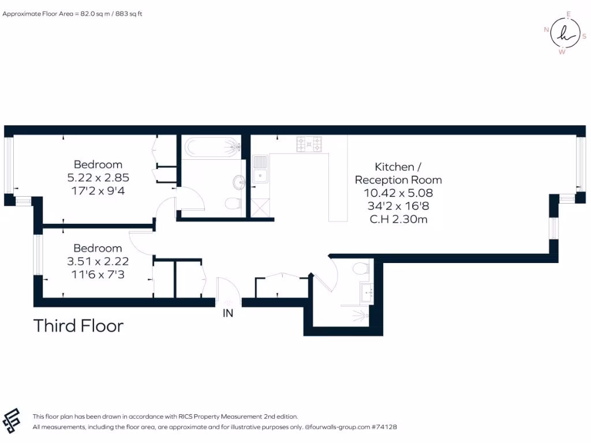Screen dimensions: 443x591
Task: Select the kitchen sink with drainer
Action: click(260, 168)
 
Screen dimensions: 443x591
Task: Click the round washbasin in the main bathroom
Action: click(239, 182)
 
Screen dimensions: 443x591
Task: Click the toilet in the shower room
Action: click(361, 269)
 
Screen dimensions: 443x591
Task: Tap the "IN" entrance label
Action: click(229, 313)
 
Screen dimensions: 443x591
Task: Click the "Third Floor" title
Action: click(78, 326)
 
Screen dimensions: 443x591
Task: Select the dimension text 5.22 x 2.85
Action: click(98, 177)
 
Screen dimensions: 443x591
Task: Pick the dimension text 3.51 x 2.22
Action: click(98, 261)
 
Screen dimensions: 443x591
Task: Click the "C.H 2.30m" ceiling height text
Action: click(398, 219)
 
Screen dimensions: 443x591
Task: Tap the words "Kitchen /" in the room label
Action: click(395, 167)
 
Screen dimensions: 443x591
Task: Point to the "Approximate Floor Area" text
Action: click(72, 13)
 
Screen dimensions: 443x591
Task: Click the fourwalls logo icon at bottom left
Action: click(13, 420)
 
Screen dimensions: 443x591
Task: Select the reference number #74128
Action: click(383, 427)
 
